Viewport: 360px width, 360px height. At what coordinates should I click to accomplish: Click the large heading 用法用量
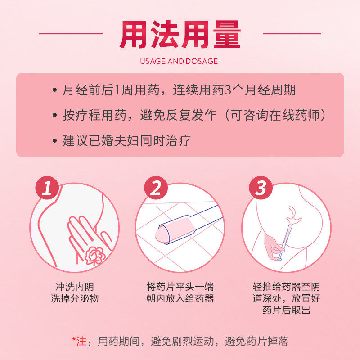pos(180,34)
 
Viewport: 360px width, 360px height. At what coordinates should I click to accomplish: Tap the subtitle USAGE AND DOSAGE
pos(179,61)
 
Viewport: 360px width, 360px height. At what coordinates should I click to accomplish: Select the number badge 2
pos(155,188)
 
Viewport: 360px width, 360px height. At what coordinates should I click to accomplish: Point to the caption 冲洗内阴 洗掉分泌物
pos(74,292)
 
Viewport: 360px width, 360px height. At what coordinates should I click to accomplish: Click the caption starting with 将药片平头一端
pos(180,292)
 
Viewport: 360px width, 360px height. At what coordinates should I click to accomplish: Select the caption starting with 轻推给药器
pos(286,298)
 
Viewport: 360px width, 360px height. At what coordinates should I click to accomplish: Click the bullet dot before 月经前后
pos(54,90)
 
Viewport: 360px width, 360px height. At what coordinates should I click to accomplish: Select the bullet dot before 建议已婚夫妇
pos(54,141)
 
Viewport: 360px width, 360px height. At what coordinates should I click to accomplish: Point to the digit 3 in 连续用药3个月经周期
pos(227,90)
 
